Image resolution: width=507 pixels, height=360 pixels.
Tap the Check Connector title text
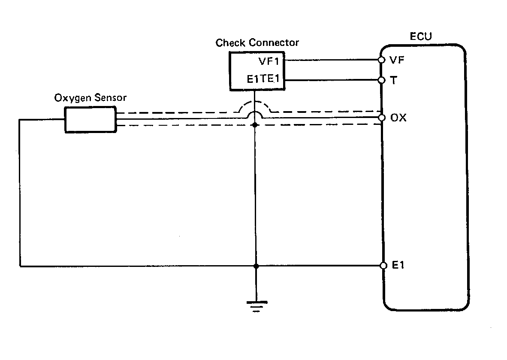pos(257,42)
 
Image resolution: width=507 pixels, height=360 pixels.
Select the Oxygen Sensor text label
pos(90,98)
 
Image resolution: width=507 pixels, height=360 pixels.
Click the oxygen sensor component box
pos(90,119)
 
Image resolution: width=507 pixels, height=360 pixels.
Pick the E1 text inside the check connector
pos(252,80)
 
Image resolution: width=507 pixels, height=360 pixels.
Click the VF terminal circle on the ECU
pos(381,60)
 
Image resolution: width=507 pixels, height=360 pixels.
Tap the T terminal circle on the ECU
pos(381,80)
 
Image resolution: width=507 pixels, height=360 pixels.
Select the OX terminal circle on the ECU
pos(381,117)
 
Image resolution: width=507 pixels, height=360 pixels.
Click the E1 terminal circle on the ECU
pos(383,266)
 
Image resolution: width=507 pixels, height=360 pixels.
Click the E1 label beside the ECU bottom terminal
pos(399,266)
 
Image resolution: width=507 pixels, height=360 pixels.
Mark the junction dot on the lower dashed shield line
pos(255,125)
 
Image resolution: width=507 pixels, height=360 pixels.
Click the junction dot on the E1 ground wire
pos(256,266)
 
